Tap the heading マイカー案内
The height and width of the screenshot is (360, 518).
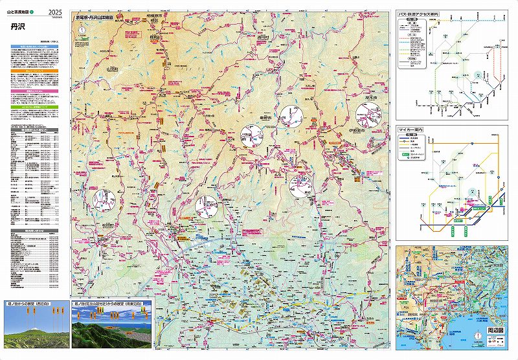411,130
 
